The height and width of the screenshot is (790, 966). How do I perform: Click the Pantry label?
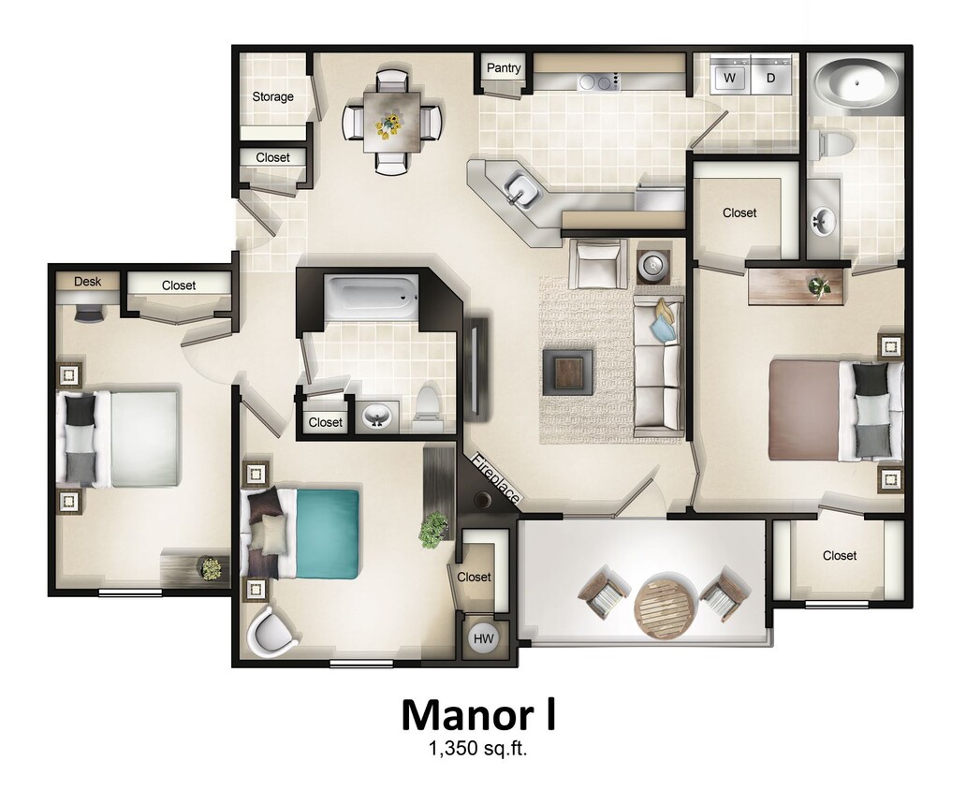[x=504, y=68]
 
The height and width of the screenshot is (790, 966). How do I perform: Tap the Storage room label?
[x=272, y=96]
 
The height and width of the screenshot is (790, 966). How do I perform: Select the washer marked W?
[x=728, y=78]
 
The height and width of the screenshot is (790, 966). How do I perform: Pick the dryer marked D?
[x=771, y=78]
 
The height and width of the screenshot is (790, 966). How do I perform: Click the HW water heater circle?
[x=484, y=638]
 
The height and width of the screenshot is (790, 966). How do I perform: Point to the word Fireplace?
[x=495, y=480]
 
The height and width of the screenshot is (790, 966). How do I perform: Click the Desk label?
[x=87, y=281]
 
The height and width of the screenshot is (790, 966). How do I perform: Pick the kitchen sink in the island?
[x=520, y=192]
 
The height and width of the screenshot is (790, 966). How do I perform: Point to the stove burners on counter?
[x=598, y=82]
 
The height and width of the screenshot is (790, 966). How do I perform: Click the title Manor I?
[x=478, y=714]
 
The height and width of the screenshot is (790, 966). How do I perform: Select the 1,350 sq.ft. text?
[x=478, y=749]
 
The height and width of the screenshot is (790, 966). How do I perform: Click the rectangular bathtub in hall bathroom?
[x=371, y=297]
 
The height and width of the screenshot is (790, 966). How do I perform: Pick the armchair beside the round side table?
[x=599, y=263]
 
